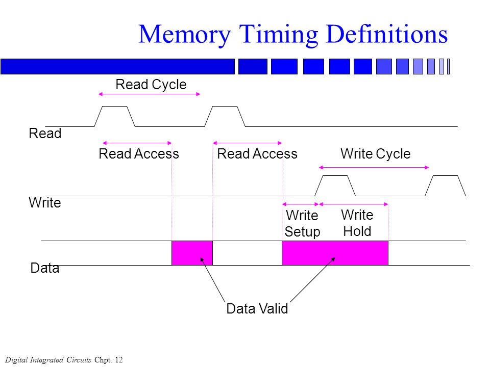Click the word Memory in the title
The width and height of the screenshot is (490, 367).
click(185, 35)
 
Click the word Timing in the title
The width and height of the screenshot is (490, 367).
click(279, 35)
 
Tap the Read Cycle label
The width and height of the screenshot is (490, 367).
click(151, 85)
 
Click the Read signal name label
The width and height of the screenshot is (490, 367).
click(45, 133)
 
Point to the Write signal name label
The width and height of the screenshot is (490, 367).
click(45, 202)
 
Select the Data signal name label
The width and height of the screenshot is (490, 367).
click(45, 268)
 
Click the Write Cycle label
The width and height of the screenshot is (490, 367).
click(375, 154)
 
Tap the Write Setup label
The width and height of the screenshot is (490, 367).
click(302, 223)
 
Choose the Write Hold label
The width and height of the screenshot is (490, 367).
click(357, 223)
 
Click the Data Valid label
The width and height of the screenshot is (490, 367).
click(257, 309)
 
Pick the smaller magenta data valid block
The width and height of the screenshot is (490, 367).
click(192, 253)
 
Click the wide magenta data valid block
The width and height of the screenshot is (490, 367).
click(335, 253)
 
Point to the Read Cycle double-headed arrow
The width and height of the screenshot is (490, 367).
click(149, 94)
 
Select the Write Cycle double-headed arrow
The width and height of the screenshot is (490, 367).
click(374, 168)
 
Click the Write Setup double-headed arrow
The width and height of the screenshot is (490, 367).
click(300, 204)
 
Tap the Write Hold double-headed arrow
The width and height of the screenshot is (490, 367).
click(353, 204)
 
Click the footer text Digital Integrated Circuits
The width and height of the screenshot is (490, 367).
click(48, 360)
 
